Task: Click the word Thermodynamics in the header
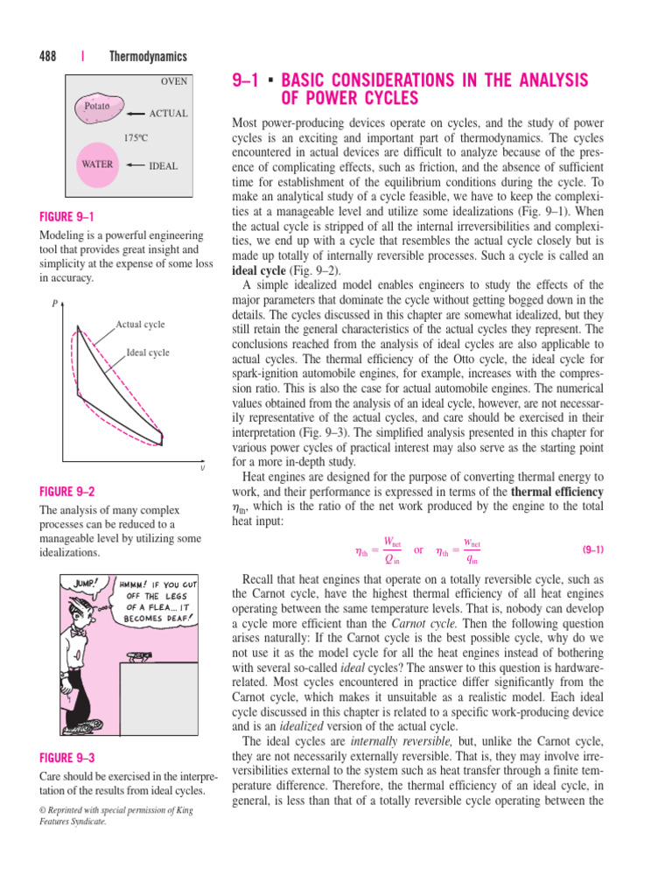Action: tap(148, 57)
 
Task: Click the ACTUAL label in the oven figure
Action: tap(168, 114)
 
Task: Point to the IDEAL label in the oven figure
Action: tap(164, 164)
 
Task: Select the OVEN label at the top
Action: tap(173, 81)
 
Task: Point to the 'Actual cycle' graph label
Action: tap(140, 325)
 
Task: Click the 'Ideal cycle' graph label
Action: tap(148, 353)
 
